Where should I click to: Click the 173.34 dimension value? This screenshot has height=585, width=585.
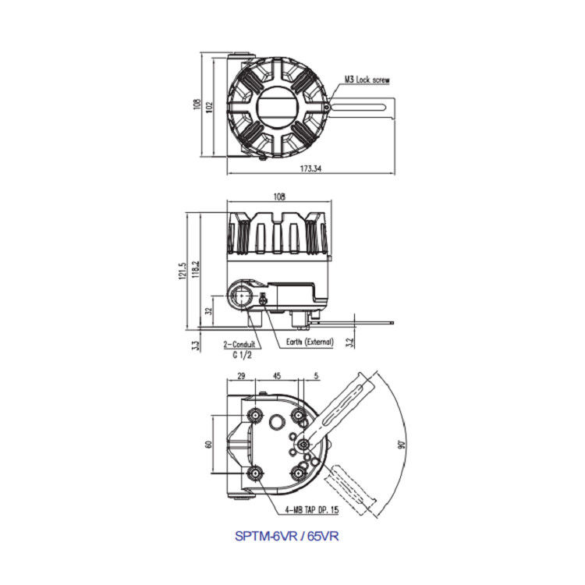click(x=310, y=168)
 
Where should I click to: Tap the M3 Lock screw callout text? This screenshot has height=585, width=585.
click(x=367, y=80)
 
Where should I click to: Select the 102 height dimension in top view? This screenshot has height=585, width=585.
click(x=209, y=108)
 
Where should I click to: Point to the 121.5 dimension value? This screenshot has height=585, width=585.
click(x=183, y=271)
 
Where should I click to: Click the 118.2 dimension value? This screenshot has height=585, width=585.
click(x=196, y=269)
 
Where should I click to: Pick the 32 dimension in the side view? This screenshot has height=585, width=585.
click(x=209, y=310)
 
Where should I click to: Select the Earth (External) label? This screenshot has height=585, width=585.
click(x=310, y=342)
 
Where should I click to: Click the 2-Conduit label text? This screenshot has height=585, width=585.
click(x=239, y=344)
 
